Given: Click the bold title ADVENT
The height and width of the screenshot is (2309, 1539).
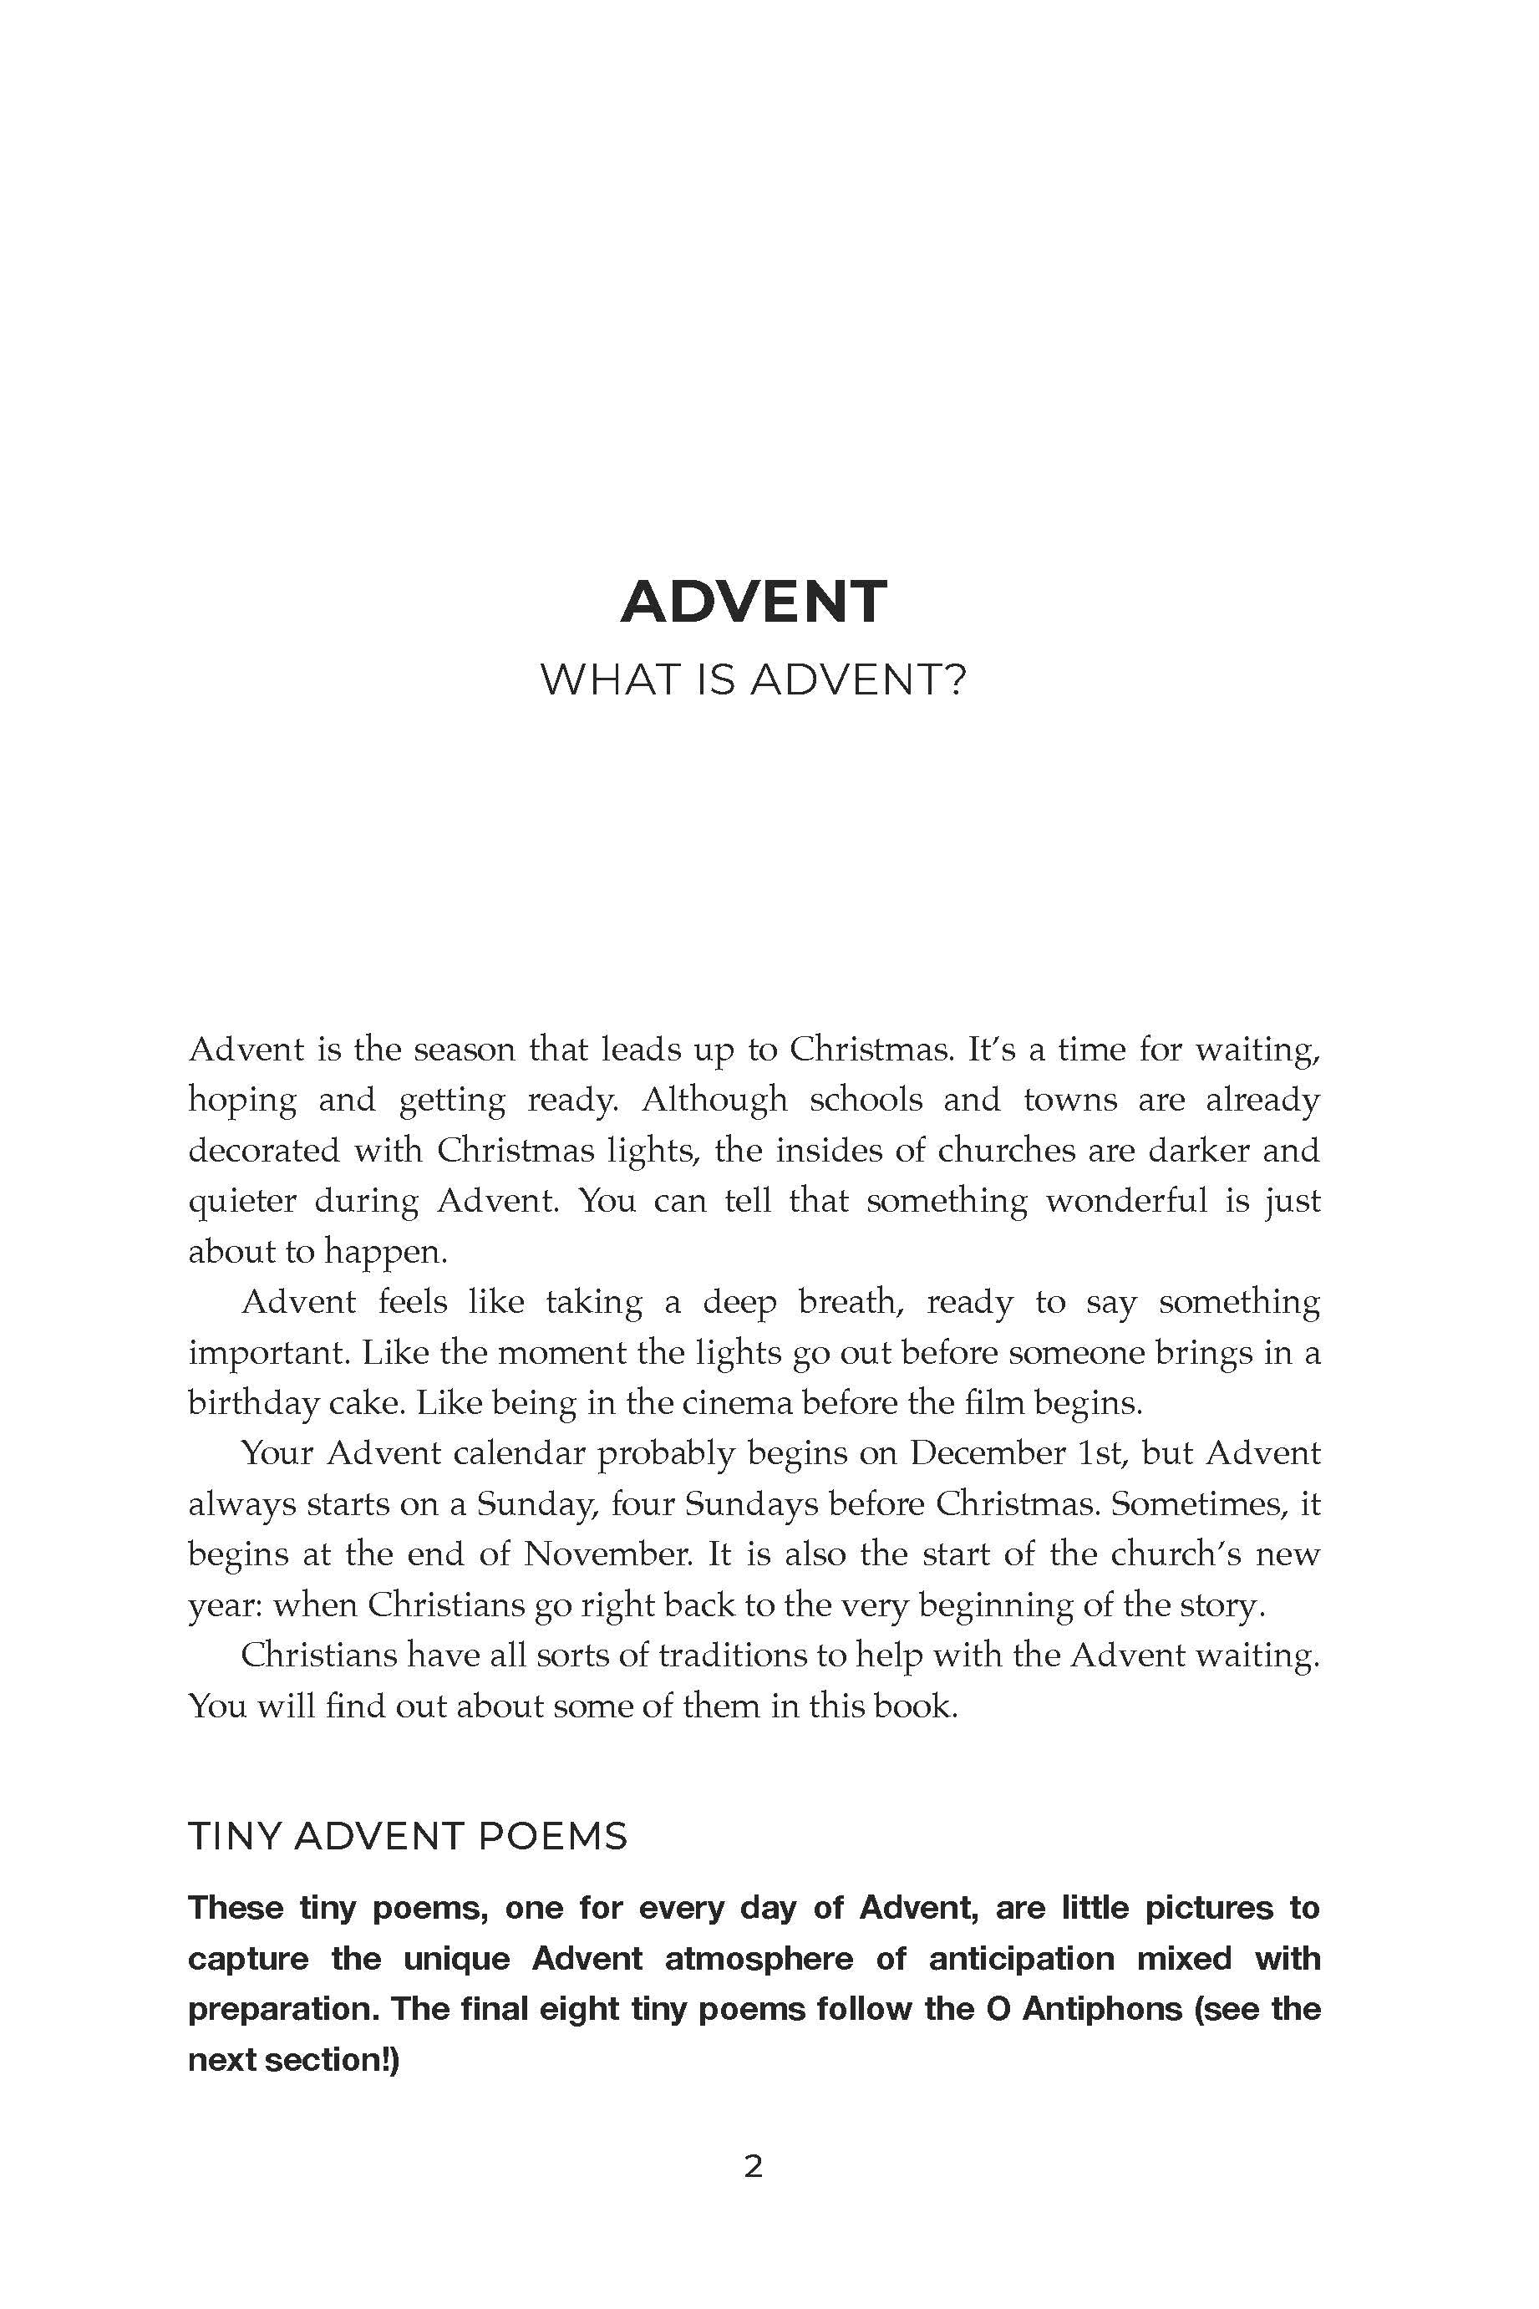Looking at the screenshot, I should [753, 602].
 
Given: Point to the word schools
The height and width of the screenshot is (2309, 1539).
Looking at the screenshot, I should [866, 1100].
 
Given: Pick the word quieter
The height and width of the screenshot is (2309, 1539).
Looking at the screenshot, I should [241, 1201].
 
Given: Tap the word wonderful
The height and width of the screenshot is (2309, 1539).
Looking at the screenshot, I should [1125, 1201].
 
